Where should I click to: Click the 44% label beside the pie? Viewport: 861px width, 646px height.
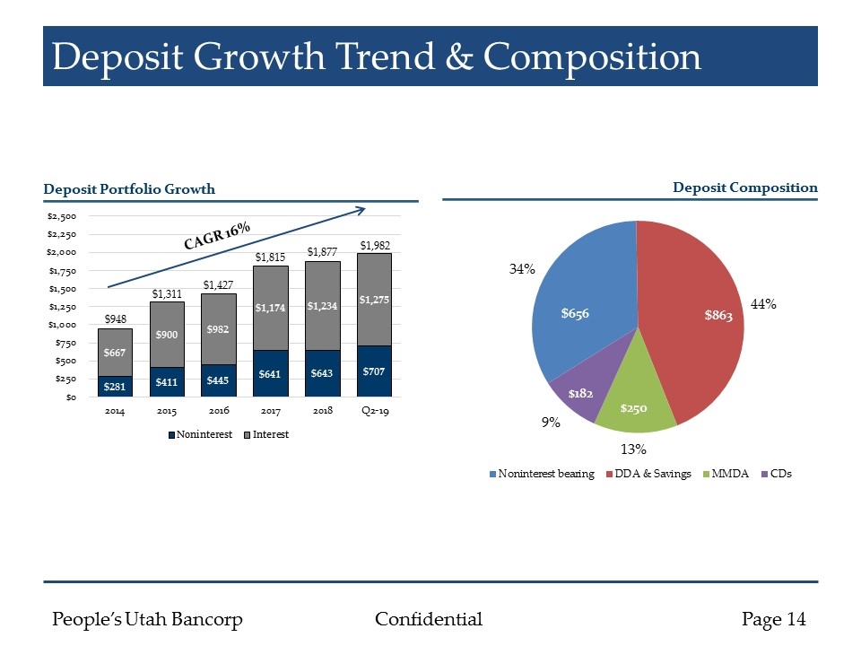pyautogui.click(x=762, y=305)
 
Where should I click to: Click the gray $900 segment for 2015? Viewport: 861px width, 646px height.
pyautogui.click(x=167, y=334)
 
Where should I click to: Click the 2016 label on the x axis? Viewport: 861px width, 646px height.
pyautogui.click(x=219, y=410)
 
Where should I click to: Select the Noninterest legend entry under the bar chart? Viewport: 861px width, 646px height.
pyautogui.click(x=198, y=434)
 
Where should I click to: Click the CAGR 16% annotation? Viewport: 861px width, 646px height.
pyautogui.click(x=217, y=236)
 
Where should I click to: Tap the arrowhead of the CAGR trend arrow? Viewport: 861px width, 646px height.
pyautogui.click(x=361, y=210)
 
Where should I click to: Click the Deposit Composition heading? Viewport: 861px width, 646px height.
pyautogui.click(x=745, y=188)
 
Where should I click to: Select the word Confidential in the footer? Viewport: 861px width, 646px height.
pyautogui.click(x=428, y=619)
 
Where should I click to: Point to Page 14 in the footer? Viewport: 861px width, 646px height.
pyautogui.click(x=774, y=619)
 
